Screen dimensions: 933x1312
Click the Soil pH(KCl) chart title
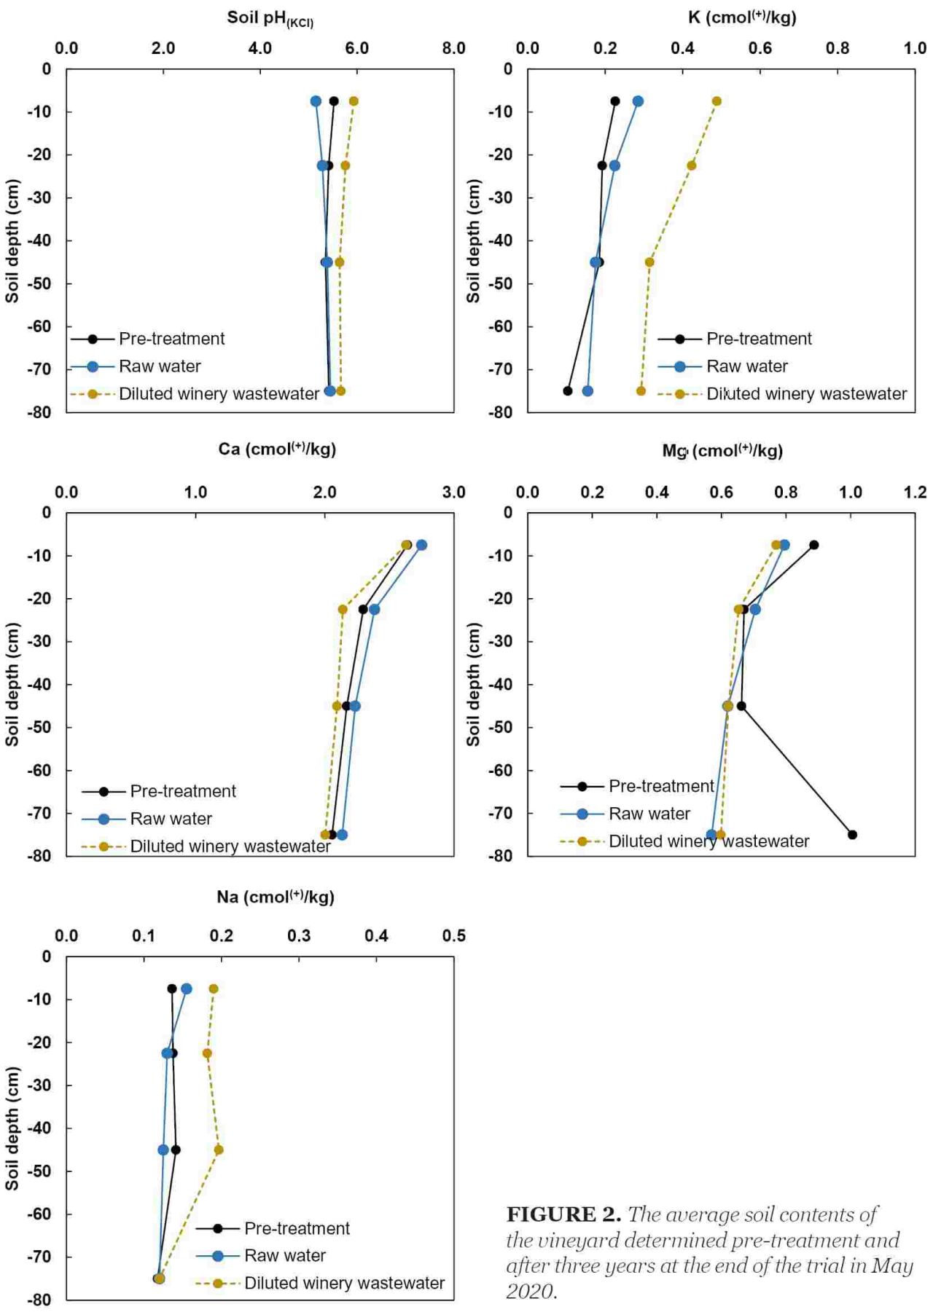270,18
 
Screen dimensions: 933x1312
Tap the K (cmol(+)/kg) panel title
742,17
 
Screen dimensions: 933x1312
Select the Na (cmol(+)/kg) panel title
276,896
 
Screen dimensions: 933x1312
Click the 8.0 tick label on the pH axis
453,48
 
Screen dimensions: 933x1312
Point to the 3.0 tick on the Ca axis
453,492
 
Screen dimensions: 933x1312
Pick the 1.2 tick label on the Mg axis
915,492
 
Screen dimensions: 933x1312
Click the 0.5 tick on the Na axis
453,935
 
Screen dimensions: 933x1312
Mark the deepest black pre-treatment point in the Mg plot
852,834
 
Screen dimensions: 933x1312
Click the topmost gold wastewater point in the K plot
717,101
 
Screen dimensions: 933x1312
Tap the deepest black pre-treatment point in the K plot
568,391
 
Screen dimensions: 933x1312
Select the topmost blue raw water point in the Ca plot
421,545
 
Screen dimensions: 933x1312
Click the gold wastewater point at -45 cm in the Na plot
219,1150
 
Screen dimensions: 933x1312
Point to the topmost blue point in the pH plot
316,101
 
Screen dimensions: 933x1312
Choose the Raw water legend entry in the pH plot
136,366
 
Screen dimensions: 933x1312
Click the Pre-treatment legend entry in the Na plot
273,1228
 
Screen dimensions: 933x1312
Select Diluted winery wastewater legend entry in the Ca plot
206,846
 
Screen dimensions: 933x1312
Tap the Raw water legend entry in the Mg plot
625,814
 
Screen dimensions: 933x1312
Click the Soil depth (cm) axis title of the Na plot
12,1128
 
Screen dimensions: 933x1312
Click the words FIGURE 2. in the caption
563,1214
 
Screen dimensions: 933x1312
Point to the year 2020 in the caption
531,1291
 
